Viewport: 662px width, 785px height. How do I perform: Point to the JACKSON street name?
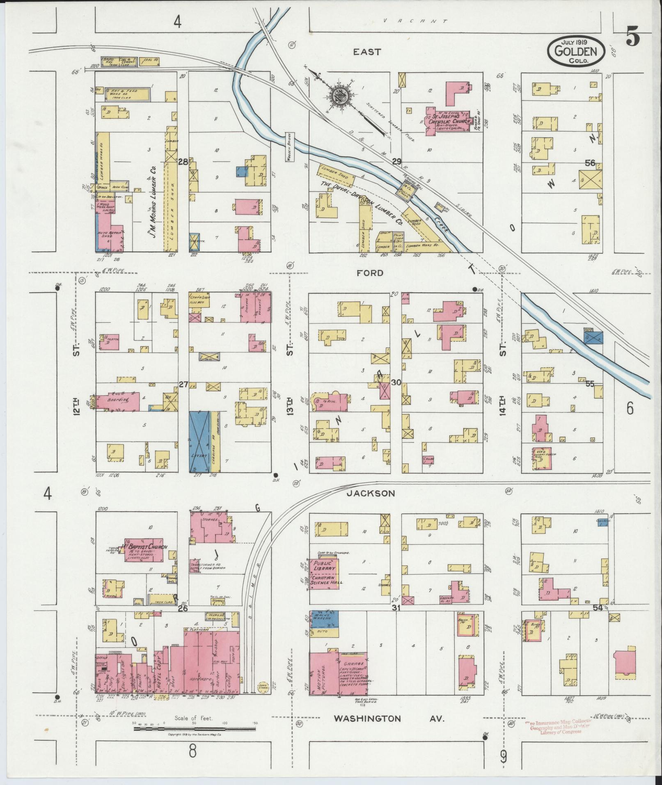pyautogui.click(x=371, y=493)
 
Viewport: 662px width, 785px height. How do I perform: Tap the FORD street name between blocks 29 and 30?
pyautogui.click(x=370, y=273)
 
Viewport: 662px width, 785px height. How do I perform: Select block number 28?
pyautogui.click(x=183, y=162)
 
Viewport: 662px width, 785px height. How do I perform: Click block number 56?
pyautogui.click(x=590, y=163)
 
